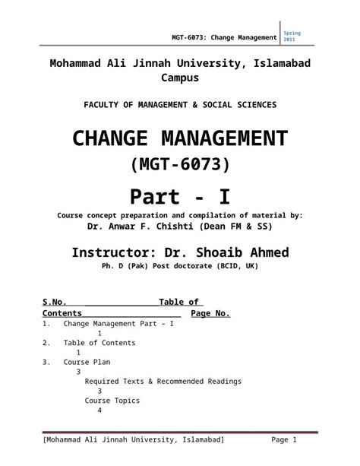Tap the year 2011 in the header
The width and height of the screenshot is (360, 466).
click(290, 39)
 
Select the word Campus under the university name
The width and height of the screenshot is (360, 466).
click(179, 78)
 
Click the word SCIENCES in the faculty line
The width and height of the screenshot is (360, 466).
click(252, 103)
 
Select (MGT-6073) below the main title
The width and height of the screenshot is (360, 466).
click(180, 164)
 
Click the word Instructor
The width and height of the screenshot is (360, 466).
click(113, 252)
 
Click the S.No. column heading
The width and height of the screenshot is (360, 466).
click(56, 302)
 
